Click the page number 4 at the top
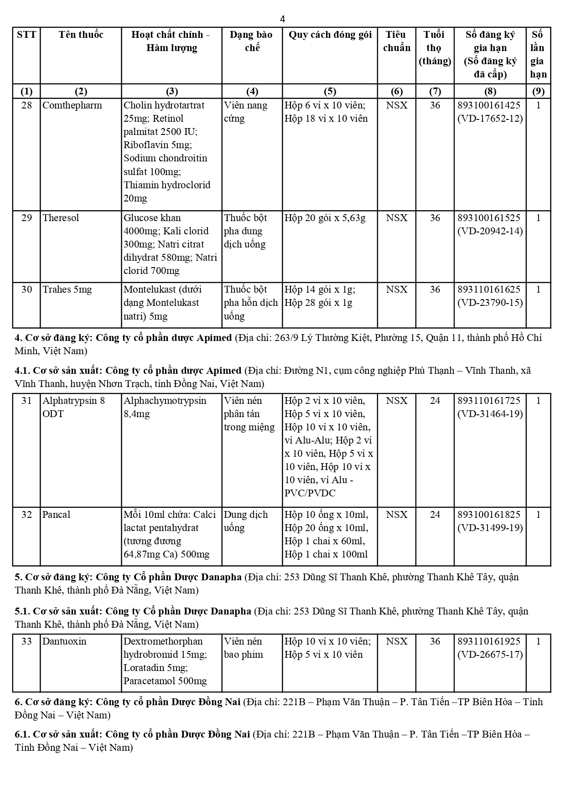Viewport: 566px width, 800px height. pos(282,19)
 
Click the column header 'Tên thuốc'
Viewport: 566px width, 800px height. pos(81,35)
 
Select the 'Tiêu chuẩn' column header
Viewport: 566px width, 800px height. pos(396,41)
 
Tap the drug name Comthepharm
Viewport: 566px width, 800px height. pos(72,105)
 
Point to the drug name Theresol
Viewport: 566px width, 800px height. pos(61,218)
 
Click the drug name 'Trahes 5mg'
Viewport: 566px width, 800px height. pos(67,289)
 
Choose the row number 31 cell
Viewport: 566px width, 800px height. pos(27,401)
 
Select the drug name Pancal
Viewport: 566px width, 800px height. pos(57,515)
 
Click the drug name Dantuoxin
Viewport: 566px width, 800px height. pos(64,641)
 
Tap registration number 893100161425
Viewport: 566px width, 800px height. pos(489,105)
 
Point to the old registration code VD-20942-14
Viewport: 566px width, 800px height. pos(490,231)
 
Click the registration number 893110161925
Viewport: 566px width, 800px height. pos(489,641)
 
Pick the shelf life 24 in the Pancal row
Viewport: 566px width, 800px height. pos(435,515)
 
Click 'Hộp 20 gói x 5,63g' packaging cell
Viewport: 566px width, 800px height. pos(325,218)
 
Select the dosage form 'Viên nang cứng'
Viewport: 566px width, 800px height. pos(245,112)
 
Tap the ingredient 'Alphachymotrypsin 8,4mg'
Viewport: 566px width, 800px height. pos(165,407)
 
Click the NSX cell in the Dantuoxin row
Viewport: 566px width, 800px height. pos(396,641)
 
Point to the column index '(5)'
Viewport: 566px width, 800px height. pos(329,91)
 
